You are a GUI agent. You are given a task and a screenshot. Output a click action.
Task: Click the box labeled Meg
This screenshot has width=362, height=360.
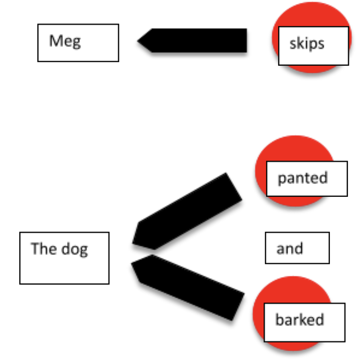coord(78,43)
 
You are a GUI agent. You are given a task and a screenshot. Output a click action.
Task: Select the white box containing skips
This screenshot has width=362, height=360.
coord(313,46)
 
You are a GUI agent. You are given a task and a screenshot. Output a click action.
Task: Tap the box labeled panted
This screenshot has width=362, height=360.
coord(307,179)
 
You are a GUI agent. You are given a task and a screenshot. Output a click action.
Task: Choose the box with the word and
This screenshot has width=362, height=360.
coord(297,248)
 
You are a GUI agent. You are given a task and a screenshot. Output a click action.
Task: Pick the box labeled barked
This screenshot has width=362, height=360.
coord(304,322)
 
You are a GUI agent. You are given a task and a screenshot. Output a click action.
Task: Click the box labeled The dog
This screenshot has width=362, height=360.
coord(64,258)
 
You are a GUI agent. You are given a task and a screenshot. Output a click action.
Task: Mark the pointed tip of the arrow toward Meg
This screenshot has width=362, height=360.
coord(138,40)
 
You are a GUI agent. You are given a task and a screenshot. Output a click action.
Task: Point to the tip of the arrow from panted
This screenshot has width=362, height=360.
coord(134,242)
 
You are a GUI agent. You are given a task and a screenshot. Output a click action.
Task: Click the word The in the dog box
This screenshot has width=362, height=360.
coord(44,249)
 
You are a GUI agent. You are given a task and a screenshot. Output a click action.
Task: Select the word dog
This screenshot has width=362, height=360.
coord(74,250)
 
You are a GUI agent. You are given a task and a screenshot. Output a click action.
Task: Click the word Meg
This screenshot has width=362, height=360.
coord(65,41)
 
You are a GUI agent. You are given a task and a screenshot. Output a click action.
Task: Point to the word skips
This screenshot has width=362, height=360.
coord(307,44)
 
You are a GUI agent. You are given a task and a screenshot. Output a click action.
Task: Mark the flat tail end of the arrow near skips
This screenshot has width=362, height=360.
coord(246,40)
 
